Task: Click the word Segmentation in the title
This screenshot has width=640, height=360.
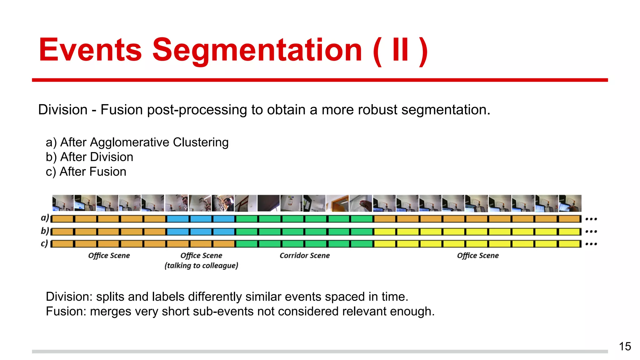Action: click(257, 50)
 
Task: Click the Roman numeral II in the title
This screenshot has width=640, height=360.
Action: click(400, 50)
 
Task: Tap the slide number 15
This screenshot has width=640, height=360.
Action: click(625, 346)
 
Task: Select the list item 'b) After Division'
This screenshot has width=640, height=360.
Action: click(89, 157)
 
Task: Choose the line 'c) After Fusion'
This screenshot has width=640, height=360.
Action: click(86, 172)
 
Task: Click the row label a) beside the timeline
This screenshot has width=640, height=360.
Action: click(45, 218)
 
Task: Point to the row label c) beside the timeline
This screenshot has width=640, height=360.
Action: click(45, 243)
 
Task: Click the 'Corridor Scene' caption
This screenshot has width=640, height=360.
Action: click(304, 256)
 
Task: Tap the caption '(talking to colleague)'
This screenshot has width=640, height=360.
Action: click(201, 266)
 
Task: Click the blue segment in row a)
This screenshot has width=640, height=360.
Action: click(201, 219)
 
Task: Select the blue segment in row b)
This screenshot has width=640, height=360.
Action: click(201, 232)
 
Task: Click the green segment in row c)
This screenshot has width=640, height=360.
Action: click(304, 244)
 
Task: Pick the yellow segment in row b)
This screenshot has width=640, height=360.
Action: click(477, 232)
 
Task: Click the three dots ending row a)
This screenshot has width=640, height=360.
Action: click(591, 219)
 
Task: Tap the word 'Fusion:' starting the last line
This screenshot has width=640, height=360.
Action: click(66, 312)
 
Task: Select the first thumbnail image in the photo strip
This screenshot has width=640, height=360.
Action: click(63, 203)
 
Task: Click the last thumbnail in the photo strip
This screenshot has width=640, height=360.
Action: click(570, 203)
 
